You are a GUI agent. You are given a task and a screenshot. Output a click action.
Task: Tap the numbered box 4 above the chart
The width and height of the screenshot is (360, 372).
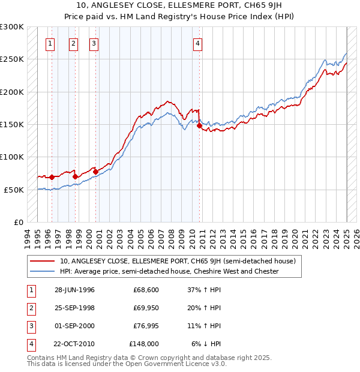pyautogui.click(x=197, y=43)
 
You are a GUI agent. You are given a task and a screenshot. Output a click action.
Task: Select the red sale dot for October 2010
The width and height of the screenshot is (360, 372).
pyautogui.click(x=199, y=126)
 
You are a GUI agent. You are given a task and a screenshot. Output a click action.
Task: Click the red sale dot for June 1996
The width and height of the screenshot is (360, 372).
pyautogui.click(x=52, y=177)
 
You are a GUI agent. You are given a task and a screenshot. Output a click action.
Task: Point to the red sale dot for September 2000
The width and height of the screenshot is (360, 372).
pyautogui.click(x=95, y=172)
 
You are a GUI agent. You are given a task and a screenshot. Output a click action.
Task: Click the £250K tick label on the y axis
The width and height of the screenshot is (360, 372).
pyautogui.click(x=12, y=59)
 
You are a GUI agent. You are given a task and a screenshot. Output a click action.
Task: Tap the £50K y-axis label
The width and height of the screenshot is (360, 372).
pyautogui.click(x=14, y=190)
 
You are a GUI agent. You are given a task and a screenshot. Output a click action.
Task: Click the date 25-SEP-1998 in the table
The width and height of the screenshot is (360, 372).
pyautogui.click(x=74, y=308)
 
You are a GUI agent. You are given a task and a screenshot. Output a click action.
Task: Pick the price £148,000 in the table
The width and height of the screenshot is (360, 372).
pyautogui.click(x=144, y=344)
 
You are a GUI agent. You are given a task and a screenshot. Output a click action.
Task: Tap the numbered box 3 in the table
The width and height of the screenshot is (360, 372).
pyautogui.click(x=29, y=326)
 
